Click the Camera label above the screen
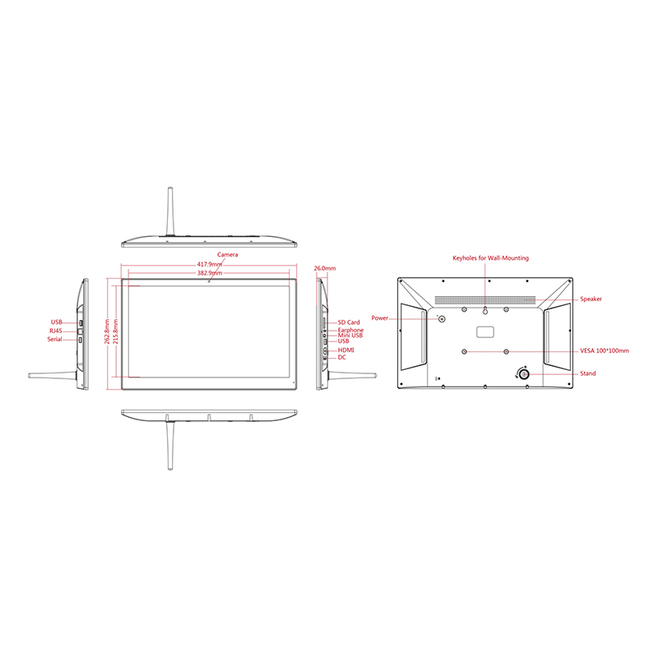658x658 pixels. [228, 255]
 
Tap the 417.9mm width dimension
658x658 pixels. [210, 264]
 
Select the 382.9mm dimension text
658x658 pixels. [210, 273]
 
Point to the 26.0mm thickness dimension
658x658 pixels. [325, 268]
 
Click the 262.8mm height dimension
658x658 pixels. [107, 331]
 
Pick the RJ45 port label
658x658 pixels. [55, 331]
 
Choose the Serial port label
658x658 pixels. [54, 339]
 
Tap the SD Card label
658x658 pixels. [349, 322]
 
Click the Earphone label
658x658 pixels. [351, 331]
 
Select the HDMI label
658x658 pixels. [345, 350]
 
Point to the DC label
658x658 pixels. [342, 358]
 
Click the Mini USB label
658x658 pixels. [350, 336]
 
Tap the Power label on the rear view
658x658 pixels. [380, 318]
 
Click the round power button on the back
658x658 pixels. [442, 319]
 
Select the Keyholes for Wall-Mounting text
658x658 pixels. [490, 258]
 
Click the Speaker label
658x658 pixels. [591, 299]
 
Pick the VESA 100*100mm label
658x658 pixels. [605, 351]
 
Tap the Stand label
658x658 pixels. [587, 373]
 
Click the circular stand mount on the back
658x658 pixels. [523, 374]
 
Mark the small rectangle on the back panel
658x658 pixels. [485, 332]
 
